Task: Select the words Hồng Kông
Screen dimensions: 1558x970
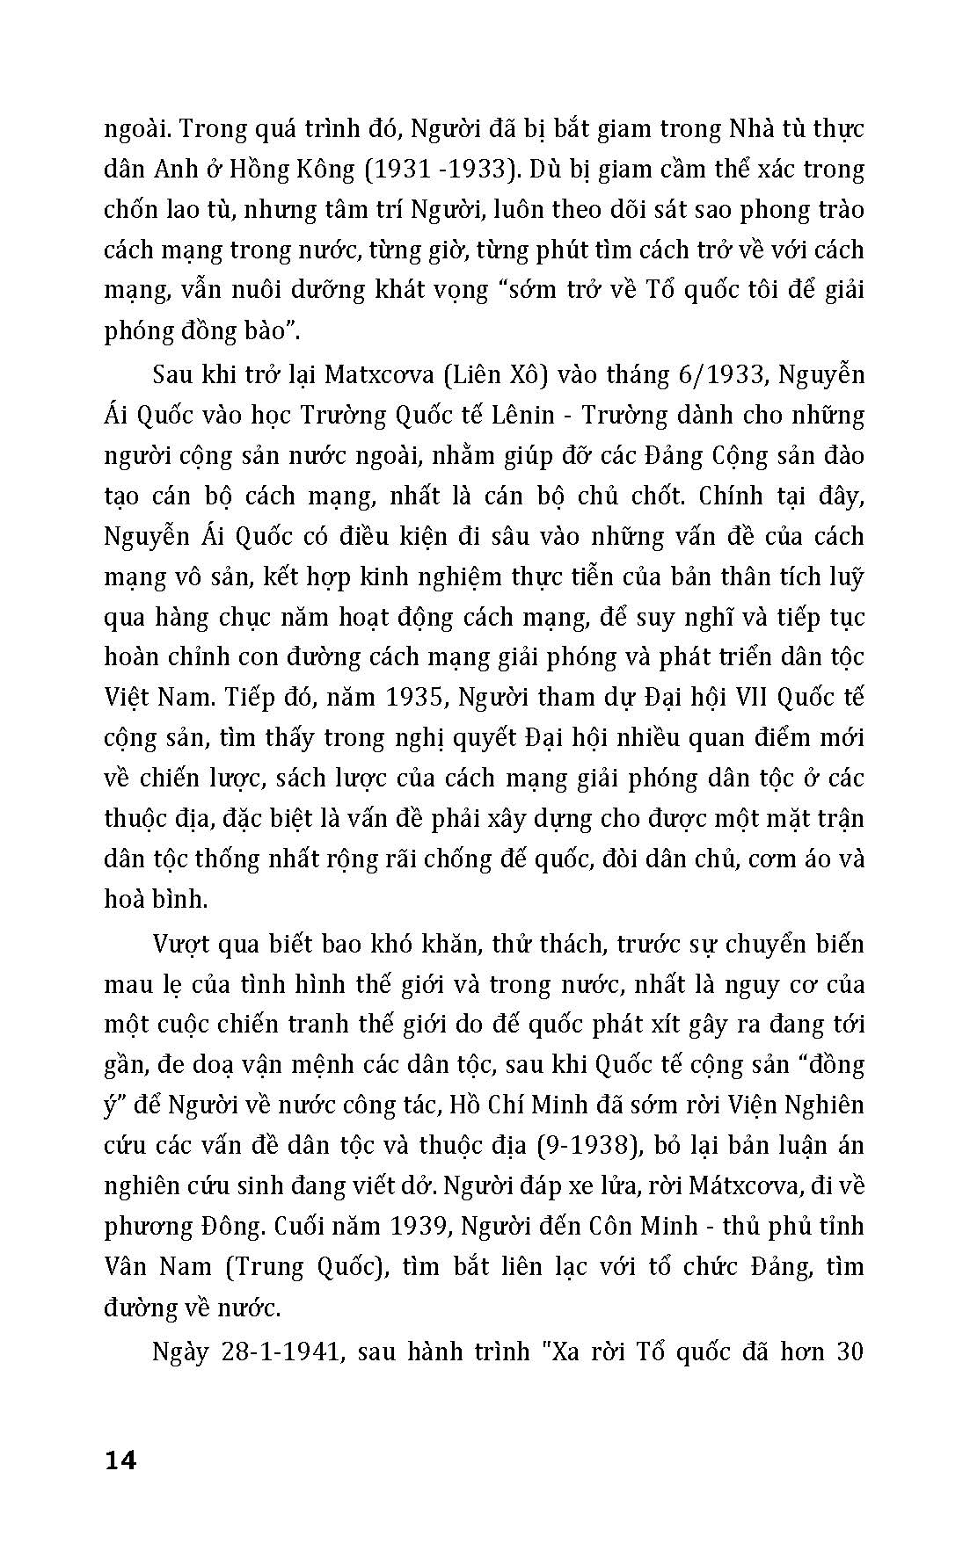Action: tap(298, 170)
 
